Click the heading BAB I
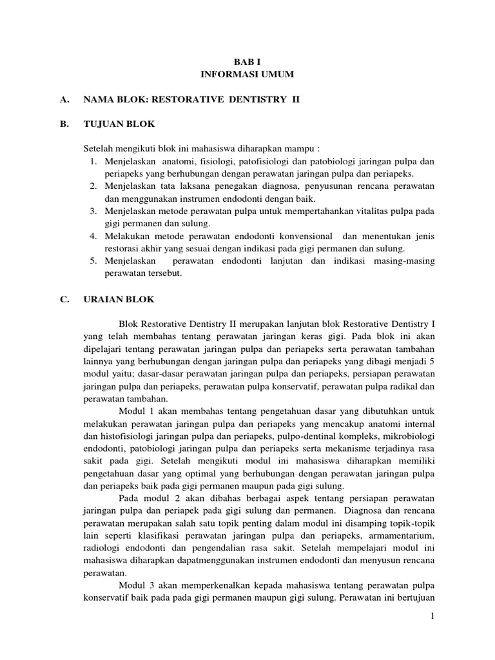click(x=247, y=62)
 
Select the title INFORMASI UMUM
click(x=247, y=75)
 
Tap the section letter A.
click(x=63, y=100)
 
